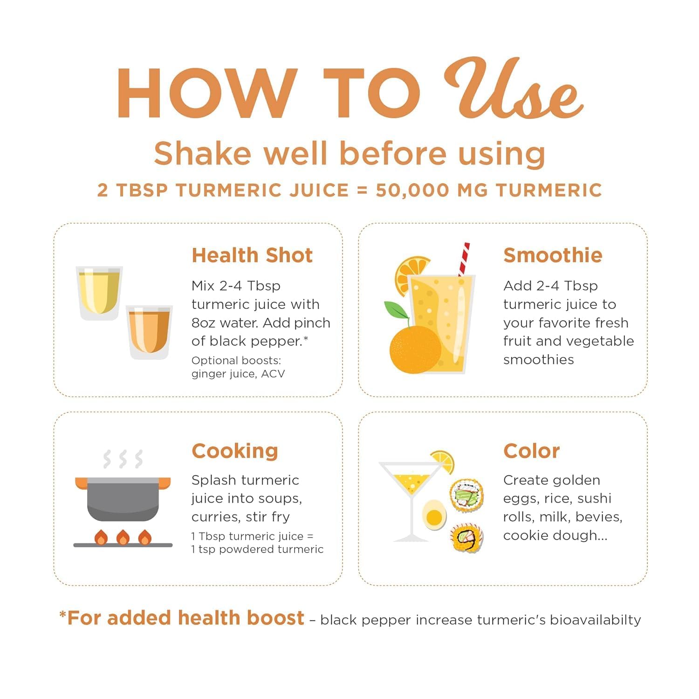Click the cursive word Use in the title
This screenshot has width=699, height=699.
pos(513,89)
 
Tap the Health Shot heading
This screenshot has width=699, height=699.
pos(252,255)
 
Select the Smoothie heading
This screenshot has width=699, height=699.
pos(553,255)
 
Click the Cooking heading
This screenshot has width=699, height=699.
pos(235,451)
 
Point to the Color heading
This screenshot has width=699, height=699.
pos(531,451)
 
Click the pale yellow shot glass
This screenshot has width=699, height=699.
pos(99,293)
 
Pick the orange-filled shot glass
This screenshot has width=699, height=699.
pos(149,332)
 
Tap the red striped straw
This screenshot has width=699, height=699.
pos(464,259)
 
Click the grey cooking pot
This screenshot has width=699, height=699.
pos(123,499)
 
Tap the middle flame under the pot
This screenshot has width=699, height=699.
pos(123,537)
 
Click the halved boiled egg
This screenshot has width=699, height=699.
pos(434,515)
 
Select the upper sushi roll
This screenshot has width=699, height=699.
pos(467,495)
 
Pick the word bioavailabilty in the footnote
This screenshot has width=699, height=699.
pos(596,620)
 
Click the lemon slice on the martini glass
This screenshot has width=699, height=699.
pos(443,461)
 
